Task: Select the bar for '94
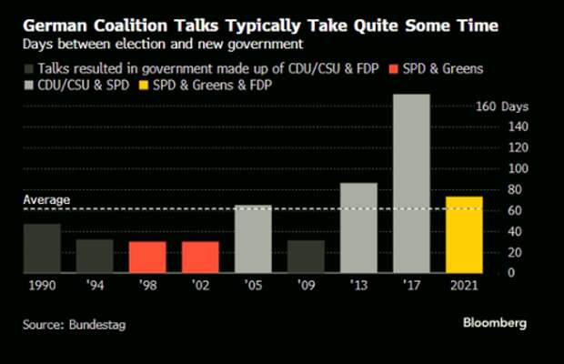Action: [x=95, y=256]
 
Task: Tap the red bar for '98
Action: [x=147, y=257]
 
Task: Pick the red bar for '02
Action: [x=200, y=257]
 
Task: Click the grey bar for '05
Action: [x=253, y=238]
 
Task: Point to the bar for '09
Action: [x=306, y=256]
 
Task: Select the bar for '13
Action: [x=358, y=227]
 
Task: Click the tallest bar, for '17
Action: [x=411, y=183]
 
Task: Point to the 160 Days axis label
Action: [x=502, y=106]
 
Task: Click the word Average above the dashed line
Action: [x=46, y=200]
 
